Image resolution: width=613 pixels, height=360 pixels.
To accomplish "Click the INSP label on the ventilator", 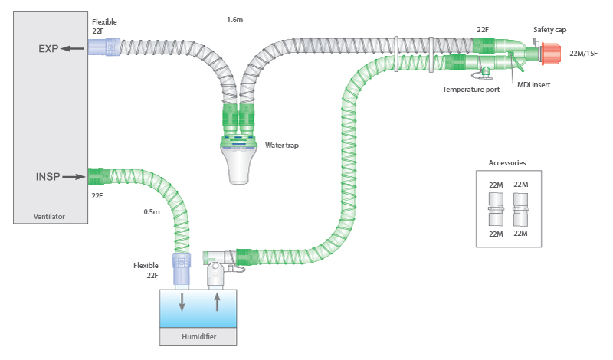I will [48, 177].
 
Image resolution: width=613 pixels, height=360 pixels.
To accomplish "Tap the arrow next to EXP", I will [74, 48].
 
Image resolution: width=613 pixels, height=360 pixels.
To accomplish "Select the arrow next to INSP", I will [74, 177].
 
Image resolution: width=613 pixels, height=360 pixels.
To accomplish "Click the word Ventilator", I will [50, 217].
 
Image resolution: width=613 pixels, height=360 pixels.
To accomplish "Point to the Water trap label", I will [281, 145].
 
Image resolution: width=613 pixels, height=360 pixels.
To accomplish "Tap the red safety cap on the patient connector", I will [552, 54].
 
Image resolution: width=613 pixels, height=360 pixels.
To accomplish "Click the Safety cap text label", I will [550, 29].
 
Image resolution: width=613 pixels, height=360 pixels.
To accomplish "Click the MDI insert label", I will [532, 84].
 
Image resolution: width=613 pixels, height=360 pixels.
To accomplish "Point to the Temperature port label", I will [471, 90].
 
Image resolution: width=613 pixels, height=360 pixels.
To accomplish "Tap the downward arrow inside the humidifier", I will [182, 301].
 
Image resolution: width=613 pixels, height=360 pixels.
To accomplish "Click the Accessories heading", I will [507, 162].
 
